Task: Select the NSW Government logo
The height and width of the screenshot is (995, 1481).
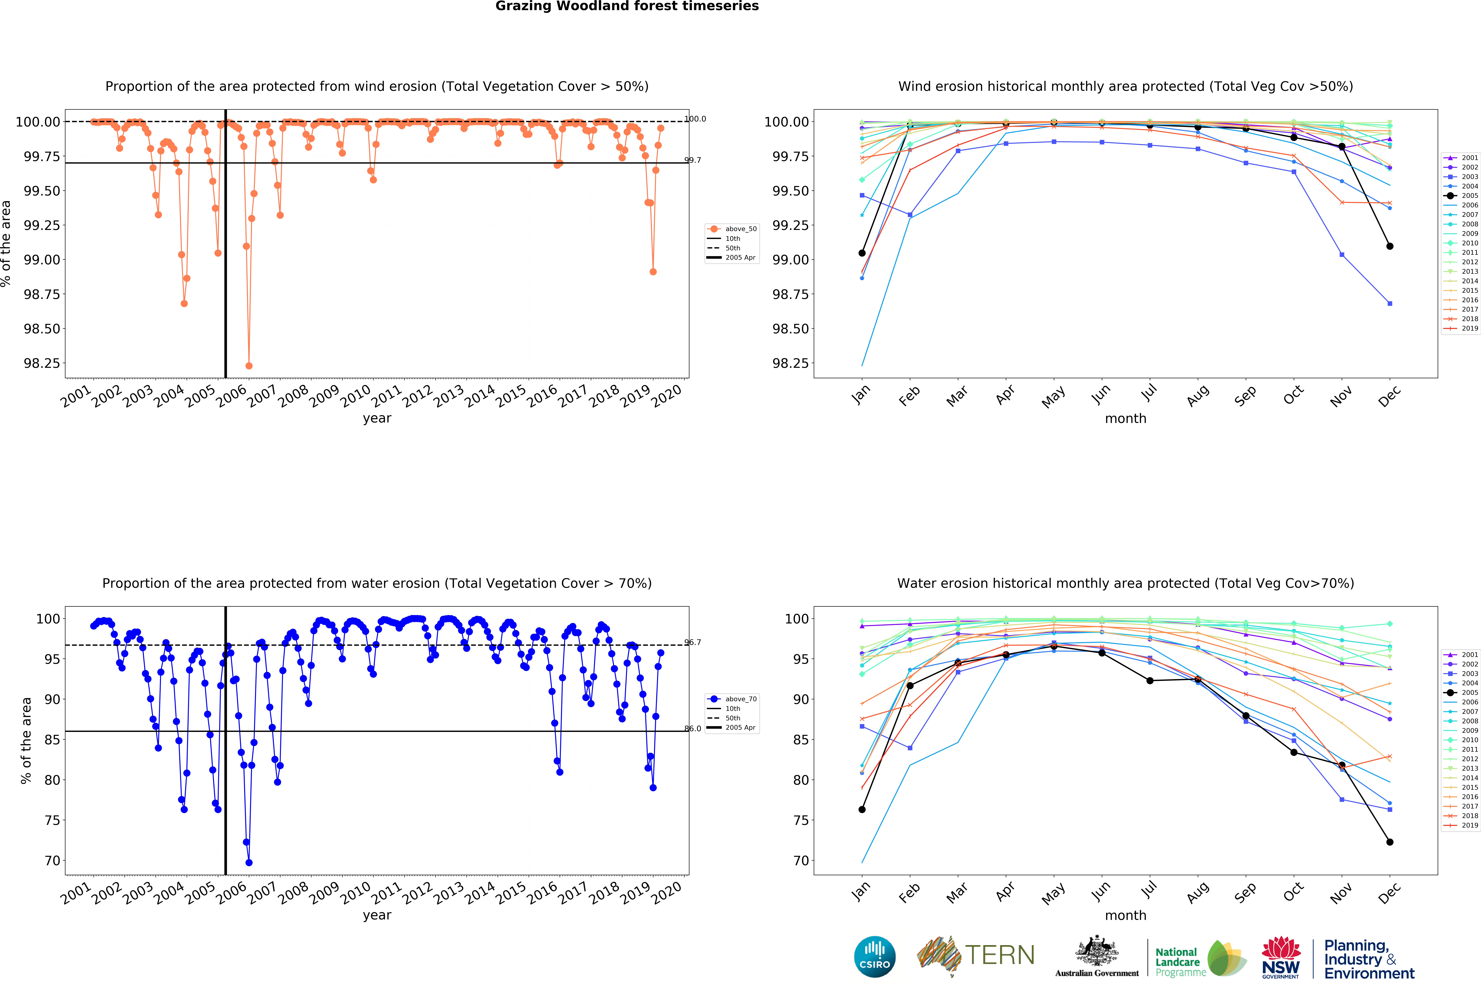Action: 1280,957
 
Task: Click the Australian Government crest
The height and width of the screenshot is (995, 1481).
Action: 1096,952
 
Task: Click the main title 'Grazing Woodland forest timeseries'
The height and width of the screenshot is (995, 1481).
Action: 627,6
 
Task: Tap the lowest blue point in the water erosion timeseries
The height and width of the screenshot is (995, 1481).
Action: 249,862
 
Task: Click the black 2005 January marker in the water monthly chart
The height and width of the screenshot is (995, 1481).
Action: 862,810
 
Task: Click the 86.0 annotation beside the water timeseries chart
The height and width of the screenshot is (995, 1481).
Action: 693,728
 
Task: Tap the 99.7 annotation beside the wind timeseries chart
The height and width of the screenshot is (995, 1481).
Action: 693,160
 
